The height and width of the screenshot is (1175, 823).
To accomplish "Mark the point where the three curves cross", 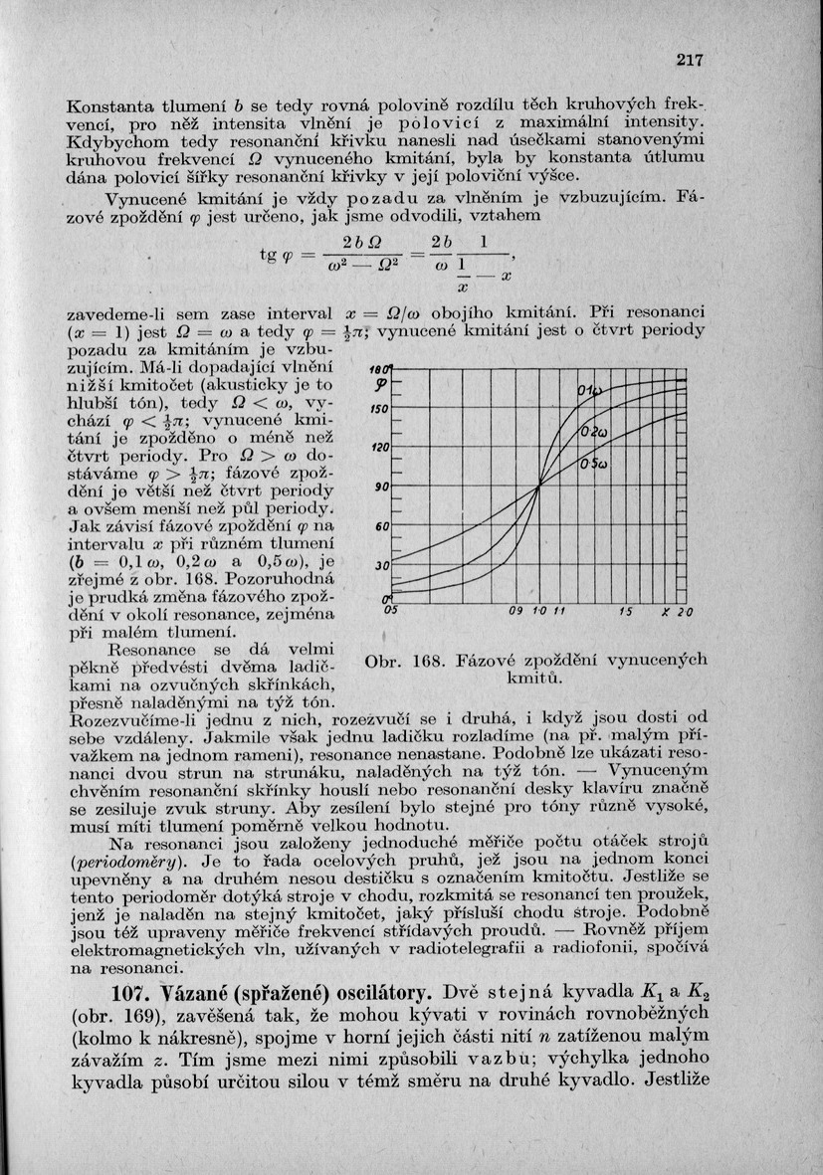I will pyautogui.click(x=538, y=486).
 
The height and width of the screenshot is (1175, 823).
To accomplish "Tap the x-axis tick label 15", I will pyautogui.click(x=625, y=612).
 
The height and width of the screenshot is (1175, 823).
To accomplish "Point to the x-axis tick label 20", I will pyautogui.click(x=686, y=612).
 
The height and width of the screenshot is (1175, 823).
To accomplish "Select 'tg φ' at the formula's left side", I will pyautogui.click(x=275, y=256).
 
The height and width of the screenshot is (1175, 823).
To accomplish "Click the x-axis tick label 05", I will pyautogui.click(x=391, y=612).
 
